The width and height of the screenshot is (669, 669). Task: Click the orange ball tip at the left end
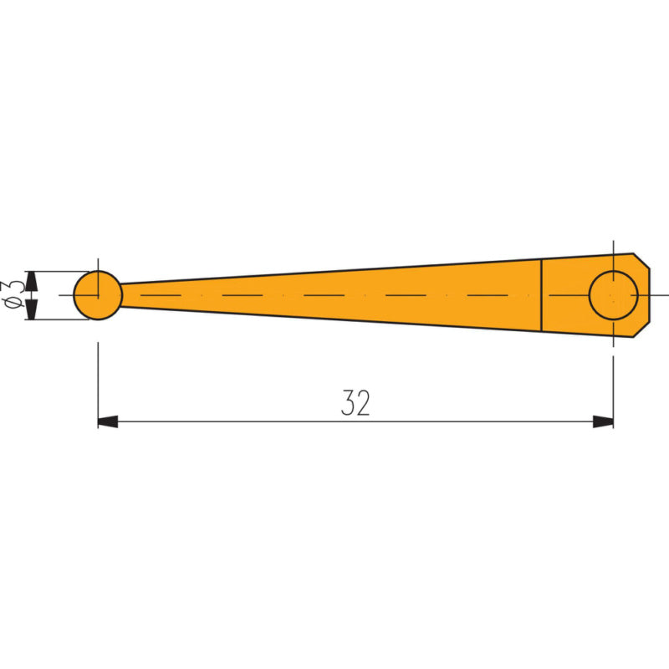point(98,295)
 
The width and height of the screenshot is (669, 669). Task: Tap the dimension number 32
point(355,402)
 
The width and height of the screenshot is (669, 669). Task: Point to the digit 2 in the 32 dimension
point(363,402)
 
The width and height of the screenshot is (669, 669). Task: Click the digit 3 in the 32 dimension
point(347,402)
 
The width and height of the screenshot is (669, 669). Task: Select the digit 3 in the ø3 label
point(13,288)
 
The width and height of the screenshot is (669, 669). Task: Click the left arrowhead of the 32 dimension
point(108,421)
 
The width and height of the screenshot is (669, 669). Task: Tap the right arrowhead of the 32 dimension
point(603,421)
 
